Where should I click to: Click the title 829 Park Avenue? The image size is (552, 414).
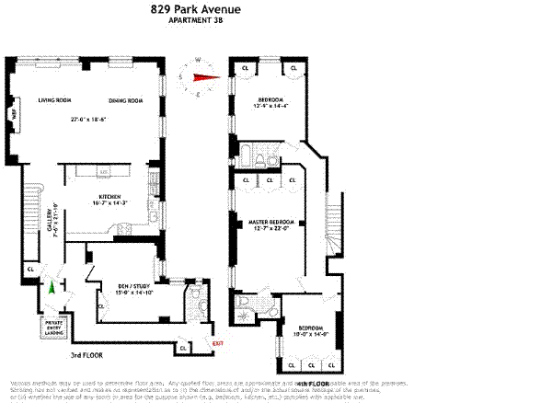(197, 11)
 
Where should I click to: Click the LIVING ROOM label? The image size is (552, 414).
(55, 100)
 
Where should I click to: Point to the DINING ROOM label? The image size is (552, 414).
(127, 100)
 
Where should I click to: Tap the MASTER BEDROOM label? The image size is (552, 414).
(270, 222)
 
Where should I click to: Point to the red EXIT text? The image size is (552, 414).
(218, 344)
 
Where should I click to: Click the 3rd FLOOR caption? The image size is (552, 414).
(85, 355)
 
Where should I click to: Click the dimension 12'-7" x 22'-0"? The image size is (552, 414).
(270, 230)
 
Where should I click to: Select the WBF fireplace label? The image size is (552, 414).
(13, 115)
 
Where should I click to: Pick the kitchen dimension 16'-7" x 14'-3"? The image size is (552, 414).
(109, 203)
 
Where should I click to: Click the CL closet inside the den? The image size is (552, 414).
(99, 306)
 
